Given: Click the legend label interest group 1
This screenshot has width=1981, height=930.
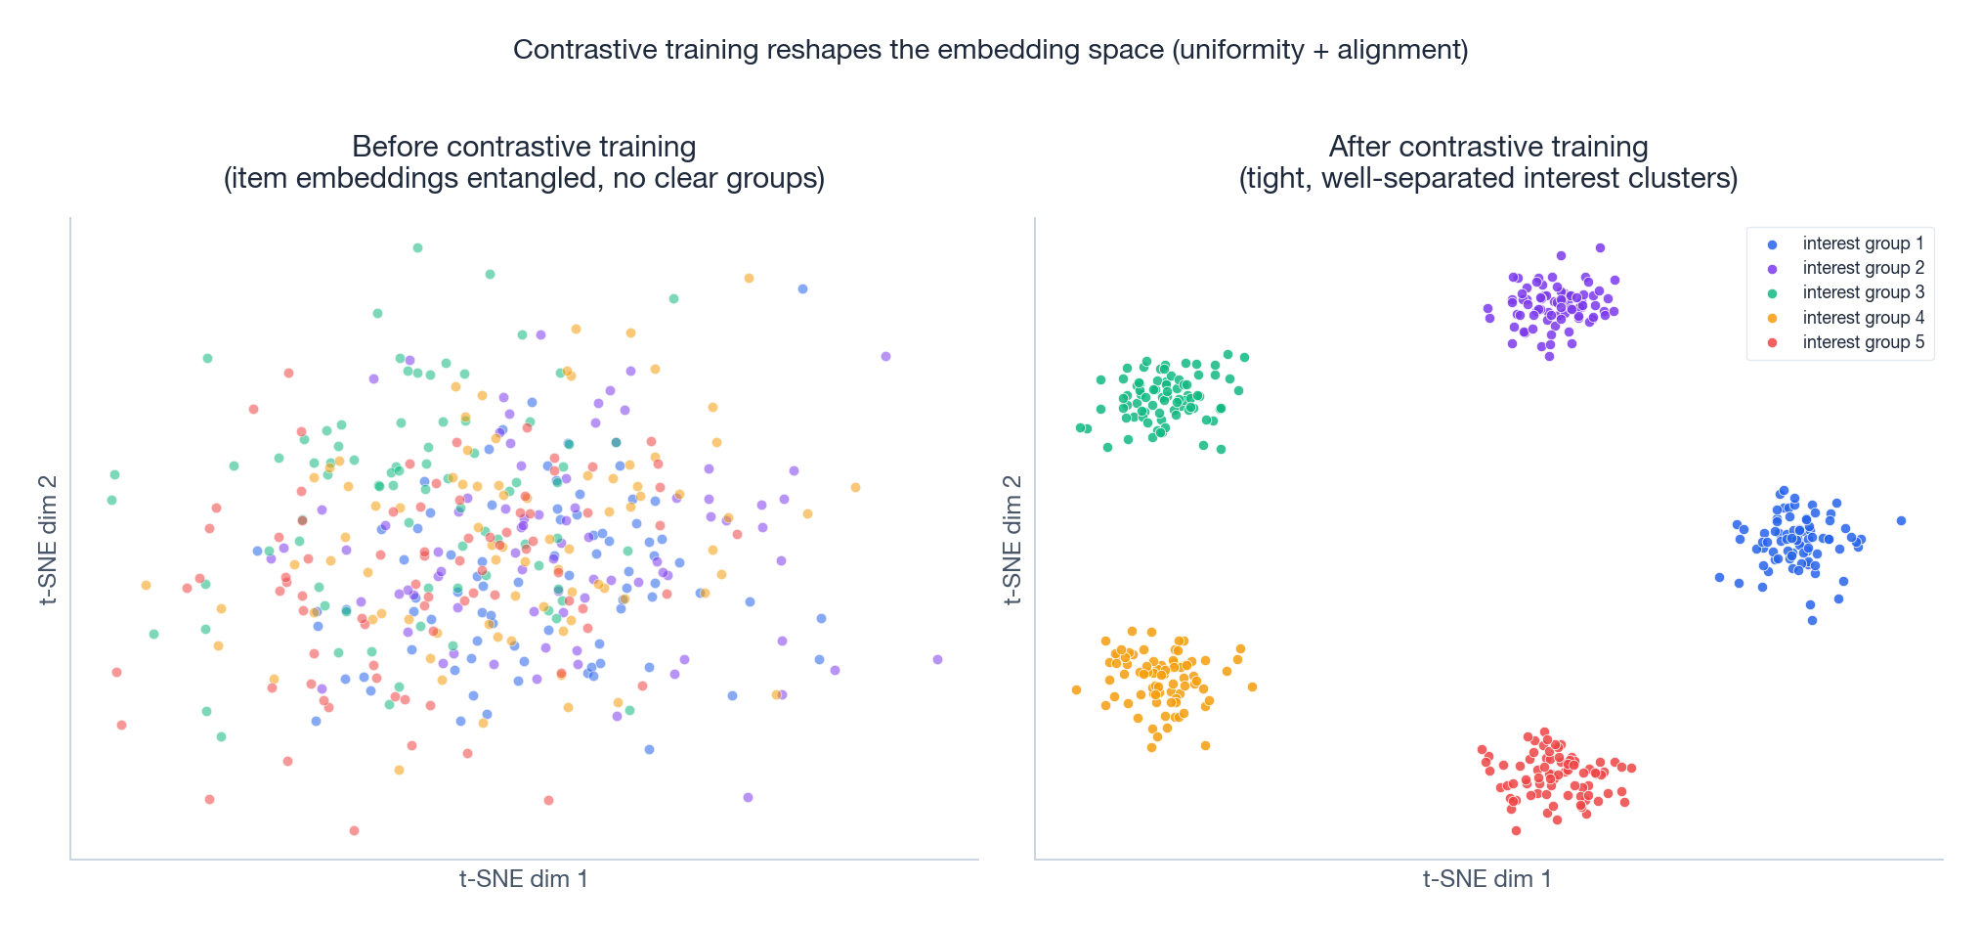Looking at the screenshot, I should [1863, 244].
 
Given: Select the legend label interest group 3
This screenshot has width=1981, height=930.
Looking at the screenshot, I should [1863, 292].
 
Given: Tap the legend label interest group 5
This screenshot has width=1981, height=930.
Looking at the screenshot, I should [1863, 342].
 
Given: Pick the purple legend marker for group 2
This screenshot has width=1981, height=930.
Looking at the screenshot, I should [1772, 269].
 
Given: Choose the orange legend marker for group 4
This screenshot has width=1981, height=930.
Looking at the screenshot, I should [1772, 318].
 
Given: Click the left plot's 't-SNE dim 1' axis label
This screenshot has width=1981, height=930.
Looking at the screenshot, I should [524, 879].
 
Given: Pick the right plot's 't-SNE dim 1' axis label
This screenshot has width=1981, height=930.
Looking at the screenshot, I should [1487, 879].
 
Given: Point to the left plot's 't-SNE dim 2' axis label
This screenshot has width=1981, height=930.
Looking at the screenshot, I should [48, 539].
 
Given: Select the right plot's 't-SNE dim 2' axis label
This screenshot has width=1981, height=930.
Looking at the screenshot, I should [1012, 539].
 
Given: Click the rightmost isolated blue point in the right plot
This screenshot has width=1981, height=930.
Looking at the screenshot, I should [1901, 520].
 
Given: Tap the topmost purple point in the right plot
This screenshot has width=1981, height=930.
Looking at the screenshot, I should [1600, 248].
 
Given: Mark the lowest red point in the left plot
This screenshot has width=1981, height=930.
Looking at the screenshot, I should [354, 830].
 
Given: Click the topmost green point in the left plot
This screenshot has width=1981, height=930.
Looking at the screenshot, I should [417, 247].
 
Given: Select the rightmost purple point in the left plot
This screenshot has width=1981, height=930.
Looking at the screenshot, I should [937, 659].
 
